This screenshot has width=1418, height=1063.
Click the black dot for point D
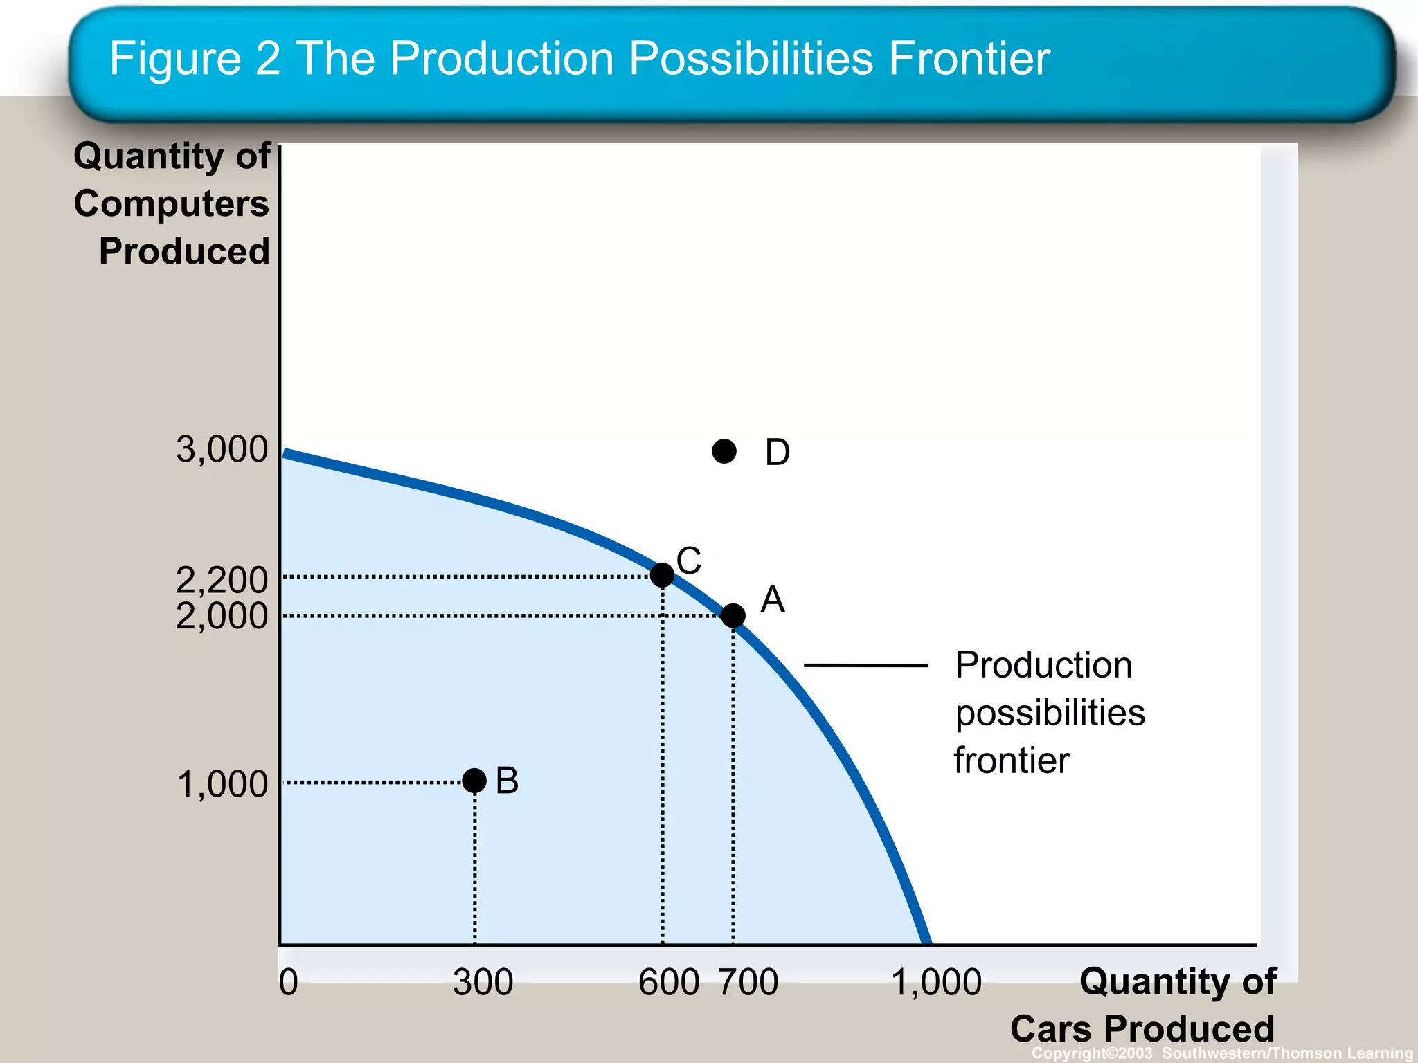click(724, 451)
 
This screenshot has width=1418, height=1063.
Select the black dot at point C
click(663, 574)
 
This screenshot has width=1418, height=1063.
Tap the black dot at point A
click(733, 615)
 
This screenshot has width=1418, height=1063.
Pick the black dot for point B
click(474, 781)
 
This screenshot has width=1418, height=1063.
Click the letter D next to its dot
click(777, 453)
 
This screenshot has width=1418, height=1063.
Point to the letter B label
click(507, 781)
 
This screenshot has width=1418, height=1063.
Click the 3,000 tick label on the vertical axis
click(222, 449)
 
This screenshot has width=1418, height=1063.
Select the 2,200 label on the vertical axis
click(222, 579)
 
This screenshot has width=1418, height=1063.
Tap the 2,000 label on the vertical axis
click(222, 615)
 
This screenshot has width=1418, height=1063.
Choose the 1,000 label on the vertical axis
click(222, 784)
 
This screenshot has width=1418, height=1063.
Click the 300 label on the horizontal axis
click(483, 982)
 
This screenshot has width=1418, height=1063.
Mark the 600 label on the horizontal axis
click(669, 982)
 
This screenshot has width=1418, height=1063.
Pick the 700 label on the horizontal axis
click(748, 982)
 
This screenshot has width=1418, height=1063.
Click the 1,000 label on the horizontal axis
click(936, 982)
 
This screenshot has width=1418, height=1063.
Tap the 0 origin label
click(289, 982)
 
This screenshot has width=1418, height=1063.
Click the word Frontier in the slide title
click(969, 58)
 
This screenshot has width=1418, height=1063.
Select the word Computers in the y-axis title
click(171, 203)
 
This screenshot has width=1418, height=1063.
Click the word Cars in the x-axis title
click(1051, 1028)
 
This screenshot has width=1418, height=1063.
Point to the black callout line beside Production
click(865, 665)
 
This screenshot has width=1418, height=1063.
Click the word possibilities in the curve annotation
click(1050, 713)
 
